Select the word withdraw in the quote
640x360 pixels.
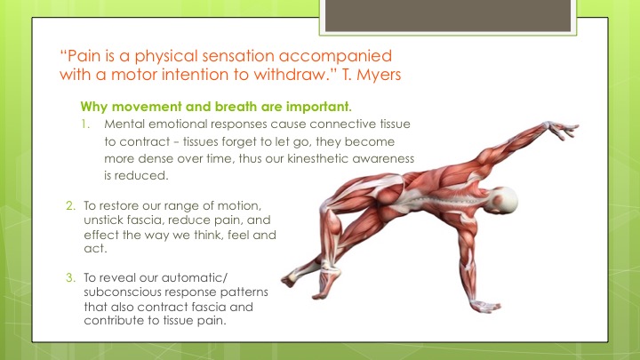291,75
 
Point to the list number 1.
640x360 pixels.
85,124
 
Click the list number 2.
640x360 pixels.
70,205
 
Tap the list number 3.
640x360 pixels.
70,277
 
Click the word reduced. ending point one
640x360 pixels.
141,175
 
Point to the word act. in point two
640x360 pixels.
95,249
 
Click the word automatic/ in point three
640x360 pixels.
195,277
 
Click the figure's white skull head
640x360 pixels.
504,201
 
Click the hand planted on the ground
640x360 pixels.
484,306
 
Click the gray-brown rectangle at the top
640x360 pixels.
448,15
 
